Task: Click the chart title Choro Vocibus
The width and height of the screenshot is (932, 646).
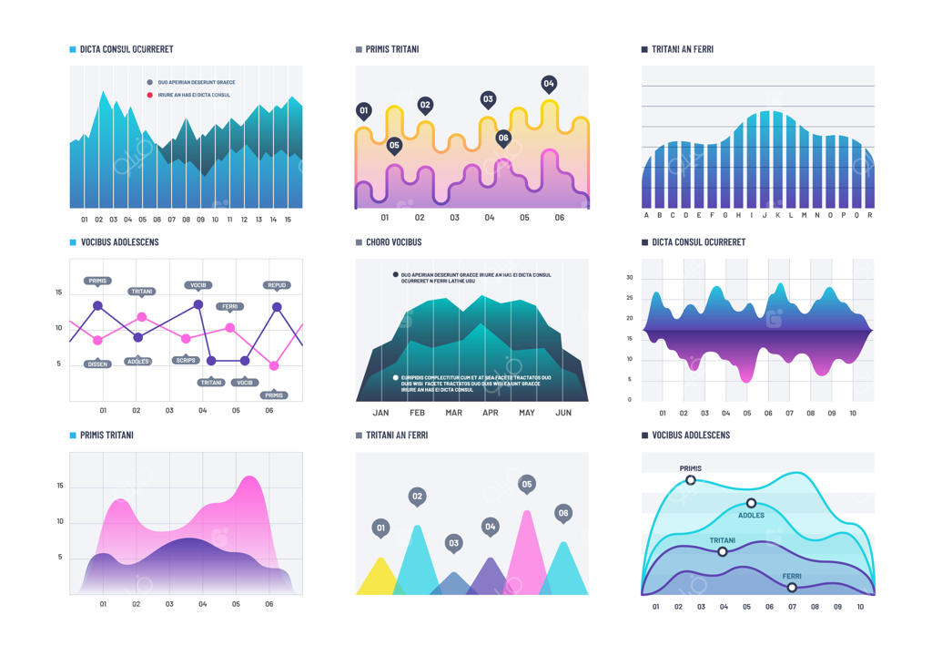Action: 393,242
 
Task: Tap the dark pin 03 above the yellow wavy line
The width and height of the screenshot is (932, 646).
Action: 488,99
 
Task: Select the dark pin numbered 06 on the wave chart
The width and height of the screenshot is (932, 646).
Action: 503,138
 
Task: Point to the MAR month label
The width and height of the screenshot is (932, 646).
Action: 453,413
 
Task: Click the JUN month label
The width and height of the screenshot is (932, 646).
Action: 562,413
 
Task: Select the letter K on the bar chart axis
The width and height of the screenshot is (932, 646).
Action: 777,216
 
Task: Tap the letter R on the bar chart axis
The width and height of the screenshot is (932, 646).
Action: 870,216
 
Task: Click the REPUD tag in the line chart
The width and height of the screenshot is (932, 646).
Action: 277,285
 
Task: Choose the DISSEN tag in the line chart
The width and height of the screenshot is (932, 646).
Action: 97,364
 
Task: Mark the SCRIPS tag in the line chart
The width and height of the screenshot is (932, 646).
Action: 186,360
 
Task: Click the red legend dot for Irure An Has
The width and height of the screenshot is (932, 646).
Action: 150,95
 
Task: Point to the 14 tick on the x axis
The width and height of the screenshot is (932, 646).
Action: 273,220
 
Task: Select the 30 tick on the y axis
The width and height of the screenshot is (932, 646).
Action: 629,277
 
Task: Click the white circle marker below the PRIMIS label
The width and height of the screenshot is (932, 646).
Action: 690,480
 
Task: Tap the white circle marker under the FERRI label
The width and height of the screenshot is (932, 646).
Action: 792,588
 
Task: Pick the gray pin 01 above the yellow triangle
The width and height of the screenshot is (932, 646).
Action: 380,527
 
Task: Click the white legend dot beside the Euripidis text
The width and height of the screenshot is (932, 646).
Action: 395,377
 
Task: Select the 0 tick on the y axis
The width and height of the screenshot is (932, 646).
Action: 629,399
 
